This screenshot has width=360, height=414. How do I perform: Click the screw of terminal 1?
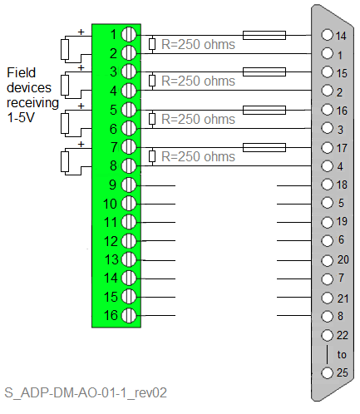click(x=129, y=34)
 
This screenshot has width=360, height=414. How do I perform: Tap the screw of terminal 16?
click(x=129, y=315)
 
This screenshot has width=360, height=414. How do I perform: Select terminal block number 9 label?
click(x=112, y=185)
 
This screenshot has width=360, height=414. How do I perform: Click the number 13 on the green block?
click(x=111, y=259)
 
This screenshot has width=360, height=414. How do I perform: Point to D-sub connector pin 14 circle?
click(x=327, y=35)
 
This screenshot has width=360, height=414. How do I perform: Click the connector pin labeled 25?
click(x=327, y=372)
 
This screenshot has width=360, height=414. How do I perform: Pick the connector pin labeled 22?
click(x=327, y=335)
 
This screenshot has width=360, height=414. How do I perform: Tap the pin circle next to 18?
click(x=327, y=185)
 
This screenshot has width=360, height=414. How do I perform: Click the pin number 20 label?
click(x=343, y=259)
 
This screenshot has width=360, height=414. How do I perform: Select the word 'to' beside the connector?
click(x=342, y=354)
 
